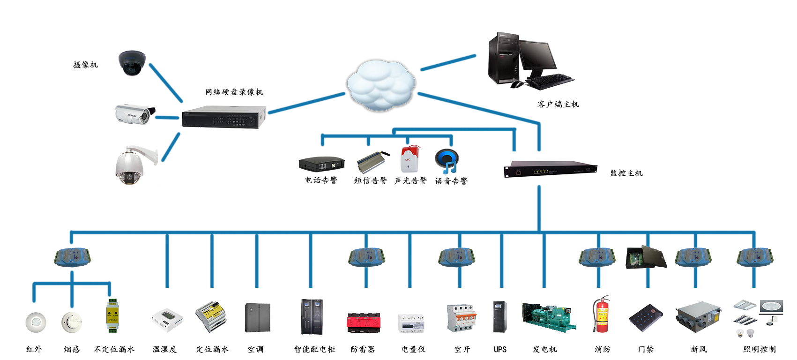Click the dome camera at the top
(x=132, y=63)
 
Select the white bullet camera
(x=134, y=114)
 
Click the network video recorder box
(x=223, y=117)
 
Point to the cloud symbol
(x=380, y=85)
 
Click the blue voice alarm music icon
(x=447, y=161)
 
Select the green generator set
(x=549, y=316)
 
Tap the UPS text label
(x=500, y=349)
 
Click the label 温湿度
(x=164, y=349)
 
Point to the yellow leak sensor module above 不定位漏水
(x=112, y=315)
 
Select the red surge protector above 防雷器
(x=364, y=322)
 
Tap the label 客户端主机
(x=558, y=104)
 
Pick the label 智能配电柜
(x=314, y=349)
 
